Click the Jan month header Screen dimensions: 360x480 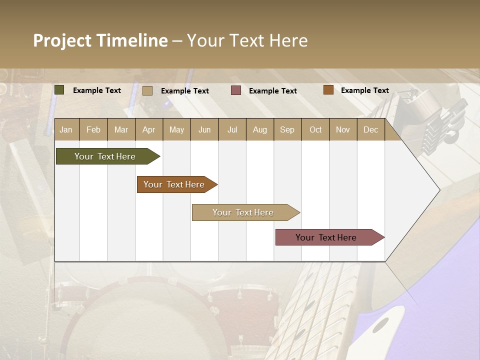(66, 129)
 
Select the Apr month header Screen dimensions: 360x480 (148, 129)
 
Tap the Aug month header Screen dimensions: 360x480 (259, 129)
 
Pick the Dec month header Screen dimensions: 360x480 (370, 129)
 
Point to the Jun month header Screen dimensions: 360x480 (204, 129)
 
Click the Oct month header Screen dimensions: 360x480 (315, 129)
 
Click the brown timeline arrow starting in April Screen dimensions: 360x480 (175, 184)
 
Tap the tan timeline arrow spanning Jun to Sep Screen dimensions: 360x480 (244, 212)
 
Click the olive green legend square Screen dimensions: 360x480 (59, 90)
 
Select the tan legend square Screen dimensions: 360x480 (147, 90)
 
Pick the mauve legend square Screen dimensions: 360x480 (236, 90)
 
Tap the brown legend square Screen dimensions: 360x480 (328, 90)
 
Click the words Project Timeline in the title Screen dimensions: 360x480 (100, 40)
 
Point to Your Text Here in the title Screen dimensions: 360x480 (247, 40)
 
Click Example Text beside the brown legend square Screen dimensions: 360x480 (364, 90)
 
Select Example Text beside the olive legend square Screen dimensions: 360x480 (96, 90)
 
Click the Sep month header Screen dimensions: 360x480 (287, 129)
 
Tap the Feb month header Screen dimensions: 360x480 (93, 129)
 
